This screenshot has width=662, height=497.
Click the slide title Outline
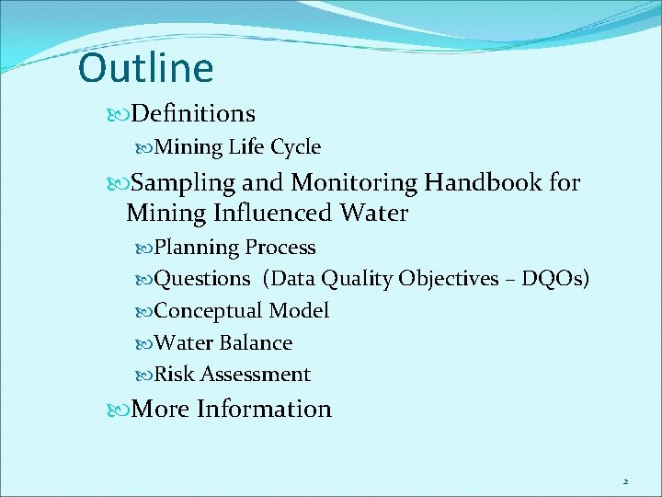click(x=145, y=68)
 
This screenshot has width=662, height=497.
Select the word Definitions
click(x=193, y=113)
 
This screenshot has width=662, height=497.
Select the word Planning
click(x=197, y=248)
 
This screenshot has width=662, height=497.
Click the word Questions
click(x=202, y=279)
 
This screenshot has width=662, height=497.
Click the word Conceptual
click(x=211, y=311)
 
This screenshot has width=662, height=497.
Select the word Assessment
click(x=255, y=375)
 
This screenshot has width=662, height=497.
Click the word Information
click(x=264, y=409)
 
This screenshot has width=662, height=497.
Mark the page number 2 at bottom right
click(x=625, y=481)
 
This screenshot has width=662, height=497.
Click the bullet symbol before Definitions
click(x=122, y=114)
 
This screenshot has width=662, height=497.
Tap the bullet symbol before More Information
click(x=122, y=410)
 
